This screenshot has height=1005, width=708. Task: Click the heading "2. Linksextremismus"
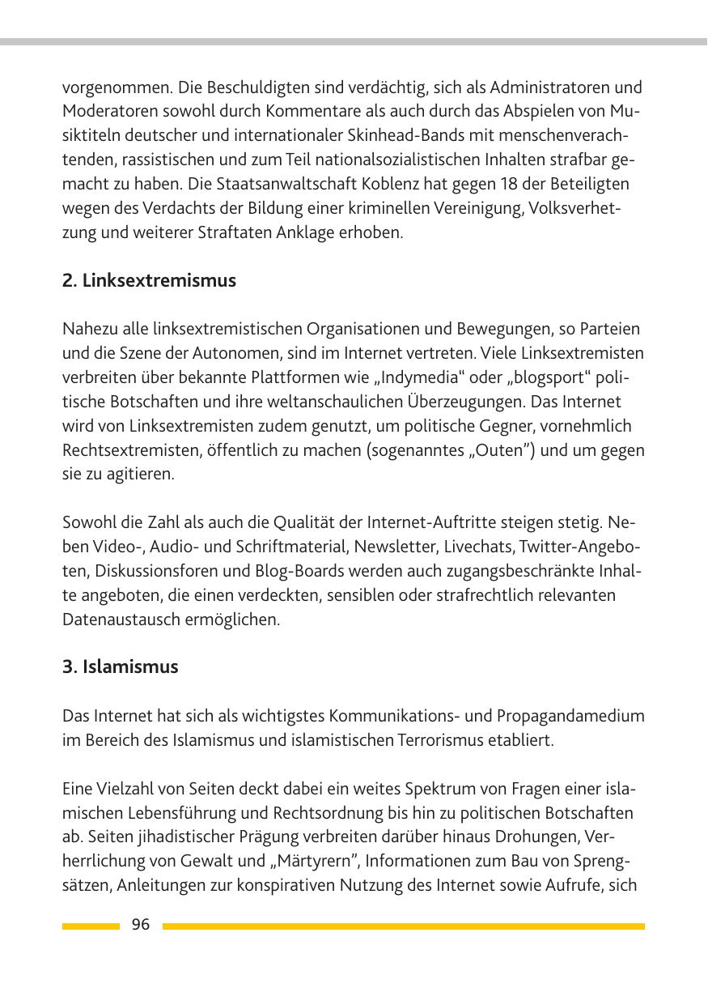click(149, 281)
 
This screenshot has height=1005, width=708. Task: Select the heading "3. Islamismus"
click(120, 667)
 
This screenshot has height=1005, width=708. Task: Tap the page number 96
click(141, 925)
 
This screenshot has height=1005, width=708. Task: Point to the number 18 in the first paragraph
click(452, 184)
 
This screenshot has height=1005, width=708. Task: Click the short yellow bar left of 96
click(91, 926)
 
